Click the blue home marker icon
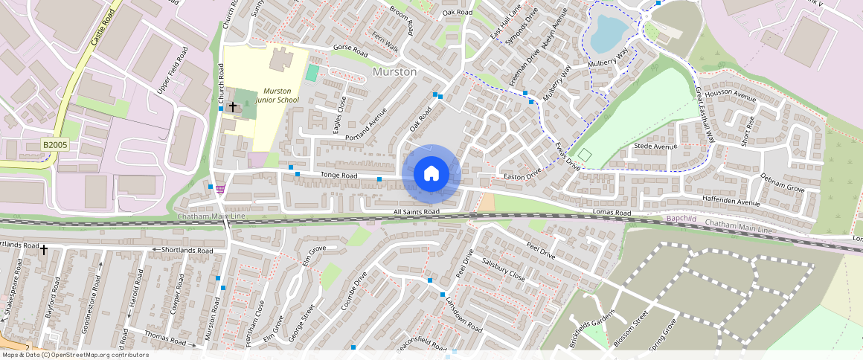point(431,174)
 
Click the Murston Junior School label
point(277,95)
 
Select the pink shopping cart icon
point(220,189)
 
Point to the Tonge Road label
point(339,176)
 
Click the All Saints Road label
point(417,212)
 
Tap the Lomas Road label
point(612,213)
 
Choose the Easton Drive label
point(523,177)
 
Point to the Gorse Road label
point(350,52)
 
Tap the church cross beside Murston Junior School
point(233,107)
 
